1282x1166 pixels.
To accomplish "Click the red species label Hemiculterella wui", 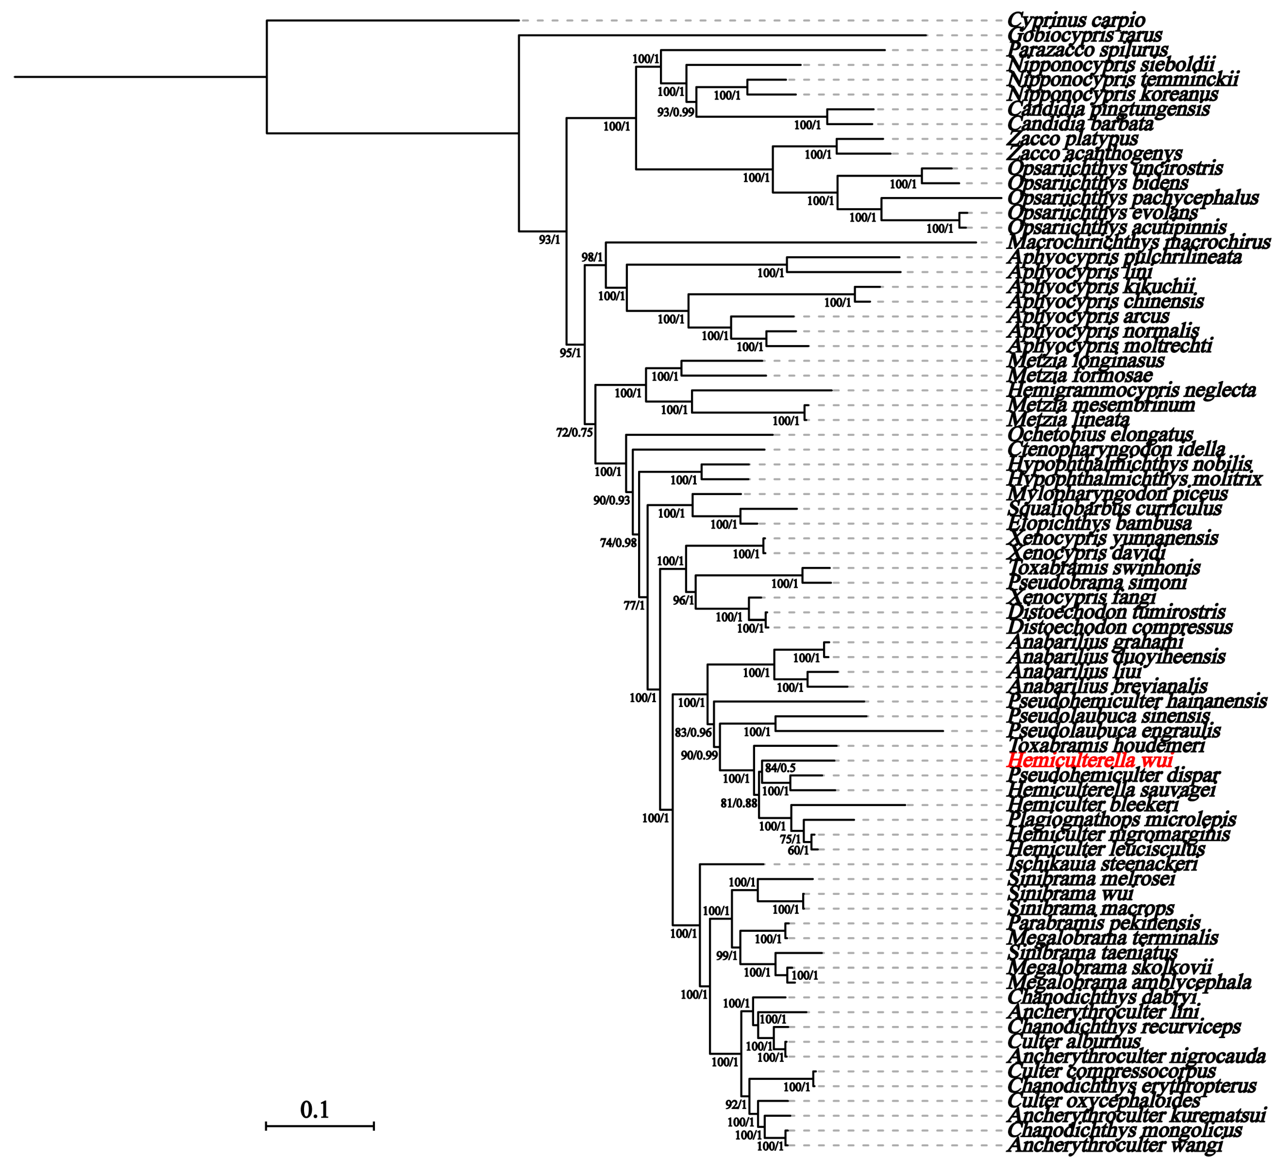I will [1090, 760].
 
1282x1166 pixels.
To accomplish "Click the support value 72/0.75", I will [574, 433].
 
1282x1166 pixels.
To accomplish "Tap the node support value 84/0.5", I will [780, 768].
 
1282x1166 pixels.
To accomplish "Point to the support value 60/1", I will [798, 851].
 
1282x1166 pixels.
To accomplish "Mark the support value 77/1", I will [634, 606].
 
